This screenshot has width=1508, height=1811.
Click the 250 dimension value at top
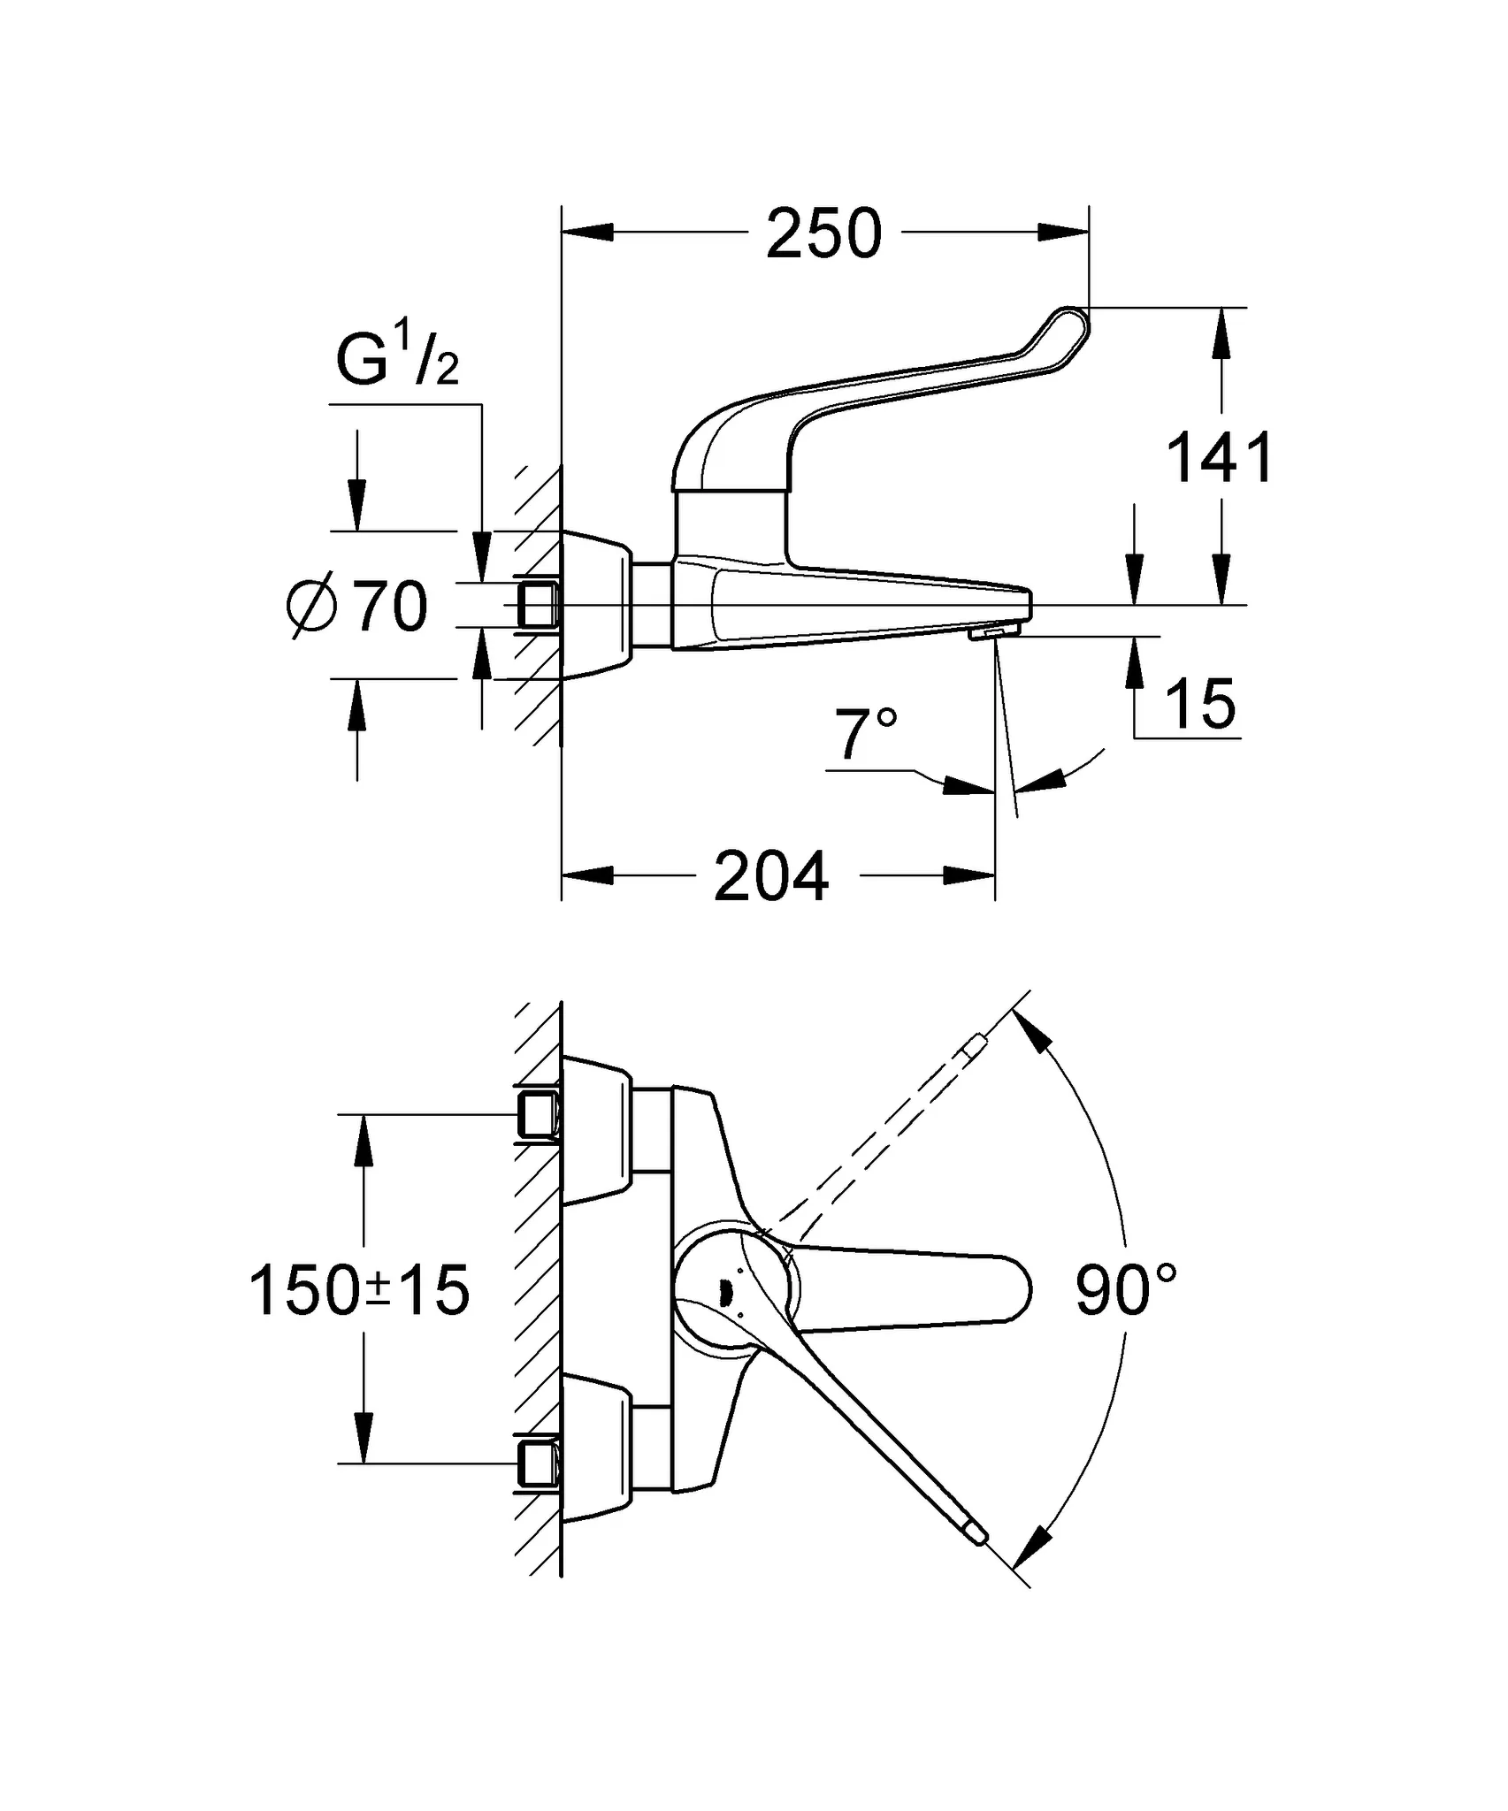pos(823,233)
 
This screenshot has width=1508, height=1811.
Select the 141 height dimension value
pos(1221,457)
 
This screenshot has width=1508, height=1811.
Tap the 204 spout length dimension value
pos(771,876)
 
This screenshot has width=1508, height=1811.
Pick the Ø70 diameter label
pos(358,607)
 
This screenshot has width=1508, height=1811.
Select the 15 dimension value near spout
pos(1199,705)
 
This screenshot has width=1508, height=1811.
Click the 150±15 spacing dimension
pos(359,1290)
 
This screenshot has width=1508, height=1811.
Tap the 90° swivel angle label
pos(1125,1290)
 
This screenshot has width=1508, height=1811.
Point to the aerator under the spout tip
pos(992,632)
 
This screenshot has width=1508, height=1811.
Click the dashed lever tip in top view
pos(976,1045)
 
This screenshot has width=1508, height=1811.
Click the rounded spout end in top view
pos(1017,1290)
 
